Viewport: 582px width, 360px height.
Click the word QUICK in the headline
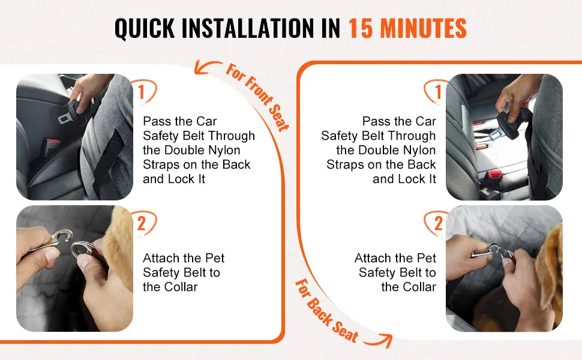point(145,28)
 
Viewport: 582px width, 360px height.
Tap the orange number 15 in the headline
point(361,28)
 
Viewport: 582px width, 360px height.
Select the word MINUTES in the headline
point(424,28)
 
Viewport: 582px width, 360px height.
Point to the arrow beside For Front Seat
point(207,67)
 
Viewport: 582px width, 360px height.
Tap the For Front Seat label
point(258,97)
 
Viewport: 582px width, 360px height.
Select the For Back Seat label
point(326,311)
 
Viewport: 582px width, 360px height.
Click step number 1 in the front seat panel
point(141,92)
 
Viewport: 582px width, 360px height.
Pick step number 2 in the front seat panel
point(142,223)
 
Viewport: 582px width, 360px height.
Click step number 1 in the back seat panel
point(438,92)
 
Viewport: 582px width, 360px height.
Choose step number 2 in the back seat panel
point(439,223)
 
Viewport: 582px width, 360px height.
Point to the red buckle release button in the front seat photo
point(52,143)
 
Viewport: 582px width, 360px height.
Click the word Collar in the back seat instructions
point(417,287)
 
